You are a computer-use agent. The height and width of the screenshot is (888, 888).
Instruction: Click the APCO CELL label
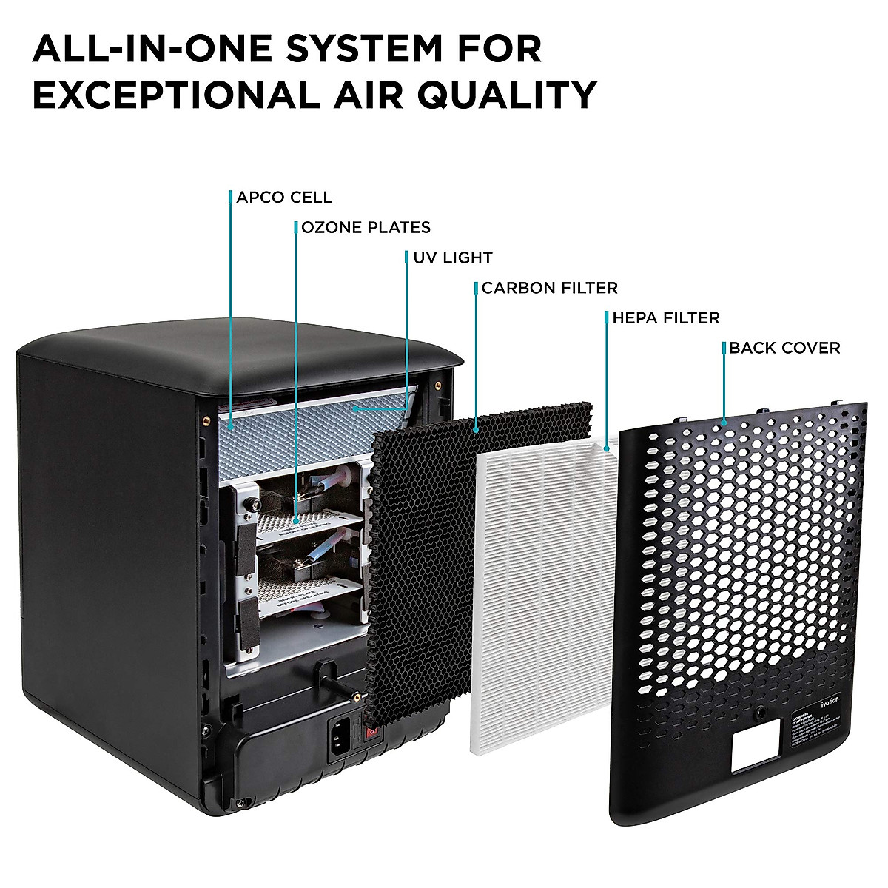click(x=284, y=198)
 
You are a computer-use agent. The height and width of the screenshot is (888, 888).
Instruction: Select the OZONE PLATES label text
click(x=366, y=227)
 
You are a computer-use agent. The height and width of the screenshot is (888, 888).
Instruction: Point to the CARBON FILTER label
click(x=549, y=288)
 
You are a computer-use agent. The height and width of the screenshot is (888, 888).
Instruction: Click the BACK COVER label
click(x=784, y=348)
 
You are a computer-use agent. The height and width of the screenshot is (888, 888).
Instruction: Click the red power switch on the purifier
click(x=371, y=733)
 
